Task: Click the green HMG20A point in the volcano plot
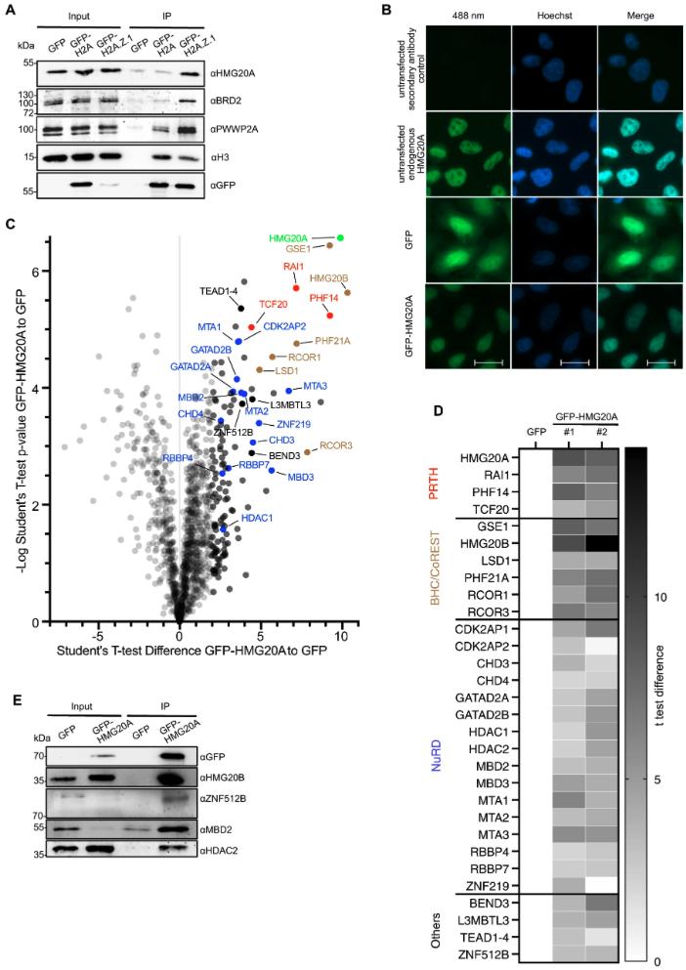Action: tap(341, 237)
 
